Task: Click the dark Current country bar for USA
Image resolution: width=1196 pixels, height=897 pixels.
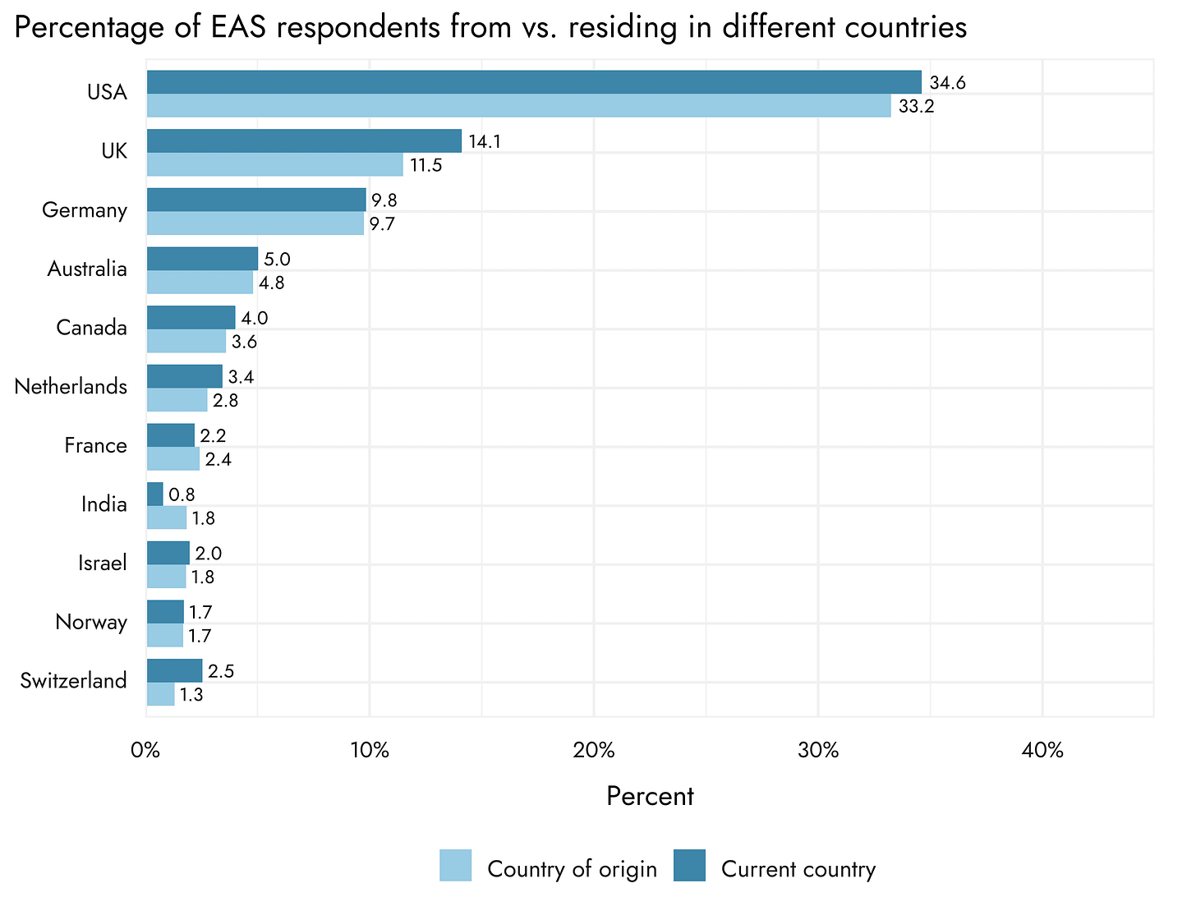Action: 534,82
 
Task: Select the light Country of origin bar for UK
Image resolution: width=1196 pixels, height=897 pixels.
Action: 274,165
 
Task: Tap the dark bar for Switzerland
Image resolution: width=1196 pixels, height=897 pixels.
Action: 174,670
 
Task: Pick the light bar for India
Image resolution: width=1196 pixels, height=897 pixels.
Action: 167,518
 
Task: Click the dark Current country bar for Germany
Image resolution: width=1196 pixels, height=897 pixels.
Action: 256,200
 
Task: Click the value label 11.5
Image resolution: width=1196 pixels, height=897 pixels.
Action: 426,166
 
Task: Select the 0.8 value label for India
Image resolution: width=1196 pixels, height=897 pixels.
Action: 182,494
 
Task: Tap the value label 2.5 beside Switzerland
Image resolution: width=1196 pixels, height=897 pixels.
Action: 222,671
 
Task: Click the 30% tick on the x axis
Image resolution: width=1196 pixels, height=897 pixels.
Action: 818,752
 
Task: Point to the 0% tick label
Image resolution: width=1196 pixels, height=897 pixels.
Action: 145,752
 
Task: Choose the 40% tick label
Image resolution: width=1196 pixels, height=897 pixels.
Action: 1042,752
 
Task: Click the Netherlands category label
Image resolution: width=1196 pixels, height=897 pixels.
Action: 71,387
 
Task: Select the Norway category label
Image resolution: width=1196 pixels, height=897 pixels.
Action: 91,623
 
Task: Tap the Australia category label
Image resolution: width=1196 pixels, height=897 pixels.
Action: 87,269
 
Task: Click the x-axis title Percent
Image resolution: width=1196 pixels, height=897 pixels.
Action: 650,796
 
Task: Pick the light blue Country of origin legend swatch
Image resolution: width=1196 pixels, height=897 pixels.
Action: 456,865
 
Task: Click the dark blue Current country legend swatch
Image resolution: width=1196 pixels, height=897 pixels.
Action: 689,865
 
